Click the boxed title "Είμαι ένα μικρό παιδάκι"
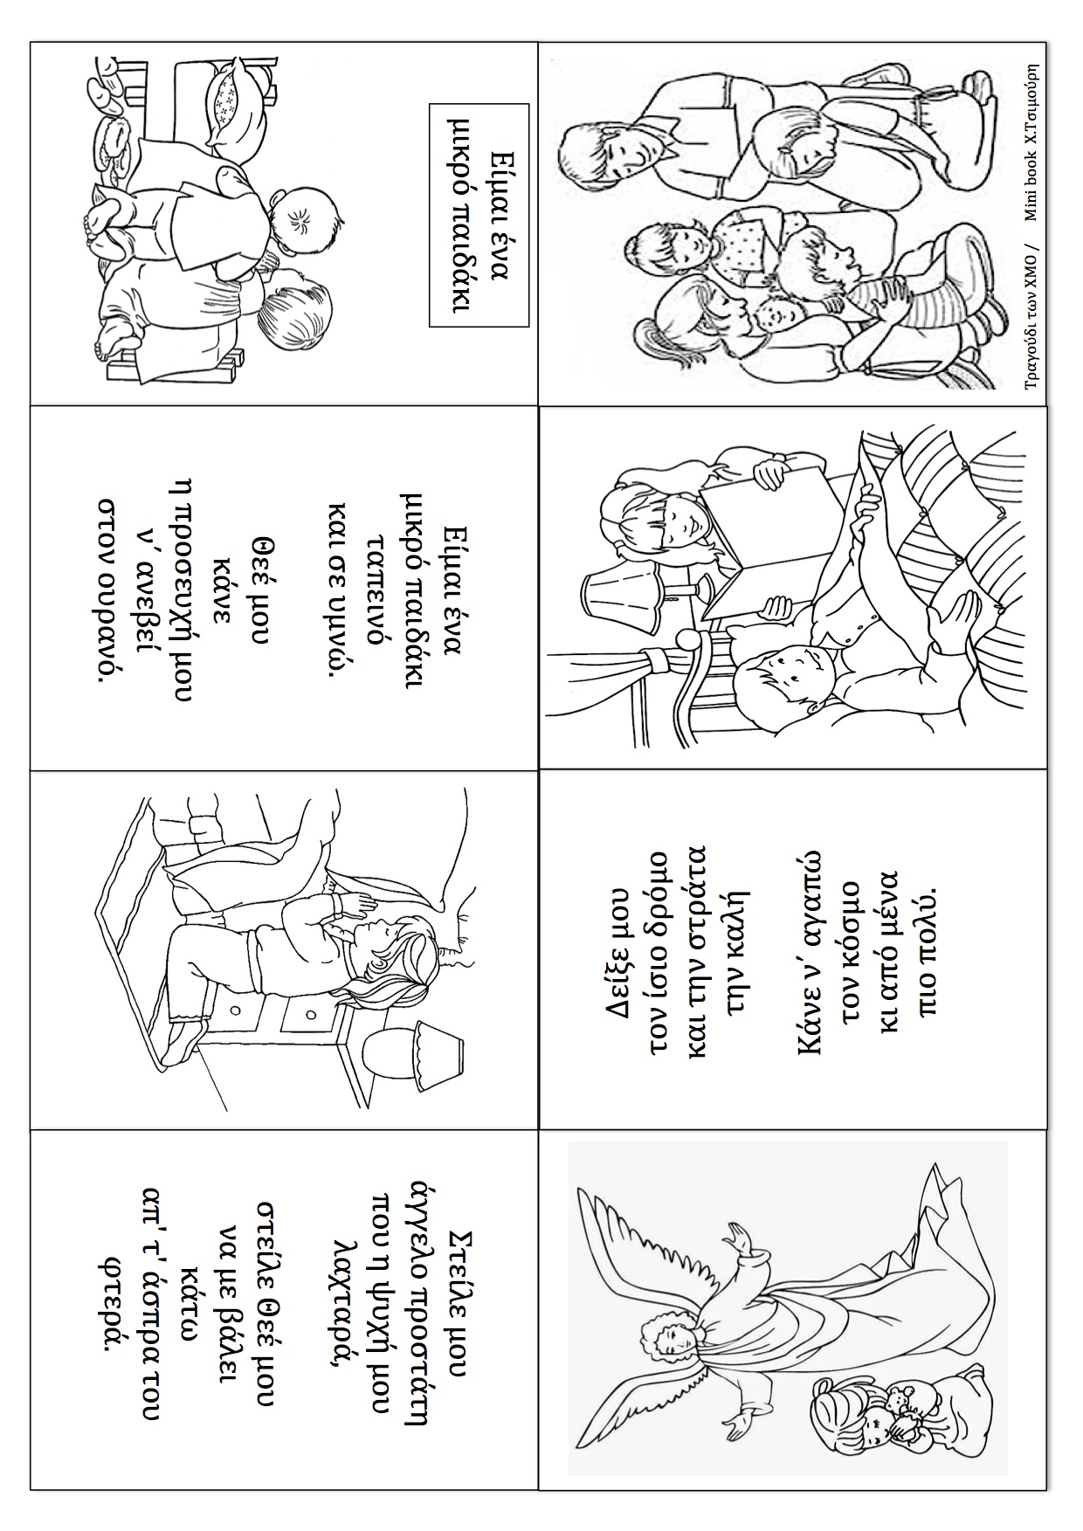(x=479, y=215)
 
